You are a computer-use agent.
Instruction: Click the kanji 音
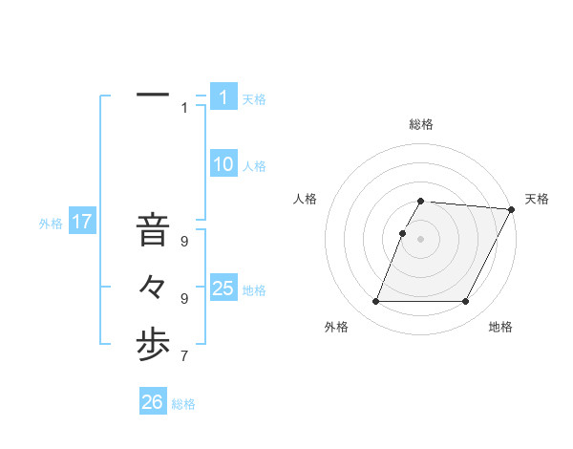[153, 229]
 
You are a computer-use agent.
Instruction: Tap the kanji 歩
[153, 347]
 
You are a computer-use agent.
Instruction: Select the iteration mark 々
[153, 288]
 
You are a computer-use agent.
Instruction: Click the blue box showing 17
[82, 223]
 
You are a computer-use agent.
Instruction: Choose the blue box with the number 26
[152, 402]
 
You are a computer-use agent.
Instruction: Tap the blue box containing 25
[223, 289]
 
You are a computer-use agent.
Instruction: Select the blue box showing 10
[223, 164]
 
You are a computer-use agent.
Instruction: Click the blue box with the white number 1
[223, 97]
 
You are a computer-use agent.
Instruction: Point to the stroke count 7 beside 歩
[184, 357]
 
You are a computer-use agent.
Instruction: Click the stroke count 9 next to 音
[184, 242]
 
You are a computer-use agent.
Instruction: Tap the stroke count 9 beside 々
[184, 299]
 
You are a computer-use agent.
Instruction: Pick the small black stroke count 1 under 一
[184, 108]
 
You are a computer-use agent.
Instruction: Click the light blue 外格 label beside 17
[51, 224]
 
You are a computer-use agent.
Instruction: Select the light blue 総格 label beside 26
[183, 404]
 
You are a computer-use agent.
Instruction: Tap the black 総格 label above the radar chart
[421, 125]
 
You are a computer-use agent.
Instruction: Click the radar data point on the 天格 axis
[512, 209]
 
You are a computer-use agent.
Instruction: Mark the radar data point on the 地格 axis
[466, 302]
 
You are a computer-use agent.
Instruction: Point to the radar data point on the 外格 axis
[375, 302]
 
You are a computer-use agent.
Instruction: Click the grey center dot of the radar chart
[421, 239]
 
